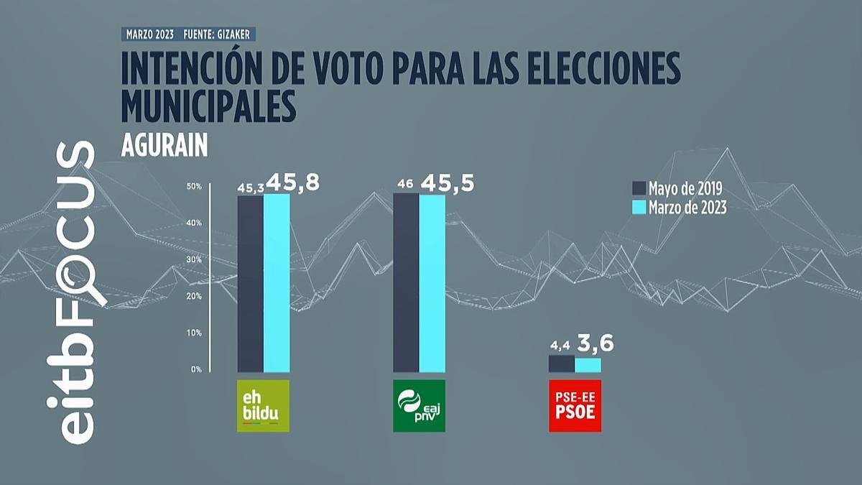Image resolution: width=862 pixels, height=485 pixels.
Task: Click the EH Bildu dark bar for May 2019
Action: [x=250, y=284]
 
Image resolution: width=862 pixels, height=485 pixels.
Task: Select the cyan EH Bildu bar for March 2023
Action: [x=277, y=283]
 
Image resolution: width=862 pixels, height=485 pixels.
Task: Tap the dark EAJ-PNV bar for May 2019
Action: [x=406, y=283]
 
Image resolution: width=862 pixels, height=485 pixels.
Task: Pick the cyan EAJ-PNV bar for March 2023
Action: [x=432, y=283]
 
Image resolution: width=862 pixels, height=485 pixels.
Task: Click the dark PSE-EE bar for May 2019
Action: [x=562, y=364]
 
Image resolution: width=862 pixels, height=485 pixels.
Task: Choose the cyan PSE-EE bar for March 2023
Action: [x=588, y=365]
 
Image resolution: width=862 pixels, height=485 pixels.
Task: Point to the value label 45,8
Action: [x=292, y=183]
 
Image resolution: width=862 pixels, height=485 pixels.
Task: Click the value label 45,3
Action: [x=250, y=188]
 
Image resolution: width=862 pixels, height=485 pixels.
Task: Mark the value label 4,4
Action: [x=561, y=348]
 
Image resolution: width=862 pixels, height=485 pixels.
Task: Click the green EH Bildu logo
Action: [x=263, y=406]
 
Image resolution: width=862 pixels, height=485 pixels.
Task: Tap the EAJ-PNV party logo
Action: [x=419, y=406]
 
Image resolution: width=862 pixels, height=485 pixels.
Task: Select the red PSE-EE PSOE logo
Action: [x=575, y=406]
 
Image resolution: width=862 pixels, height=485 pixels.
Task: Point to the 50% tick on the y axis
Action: [x=194, y=186]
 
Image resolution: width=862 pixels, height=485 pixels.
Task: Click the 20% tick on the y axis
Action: [x=194, y=296]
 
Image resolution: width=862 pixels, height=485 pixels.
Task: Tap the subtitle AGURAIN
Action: [x=164, y=145]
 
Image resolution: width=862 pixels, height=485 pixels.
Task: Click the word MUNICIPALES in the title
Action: [x=209, y=106]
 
